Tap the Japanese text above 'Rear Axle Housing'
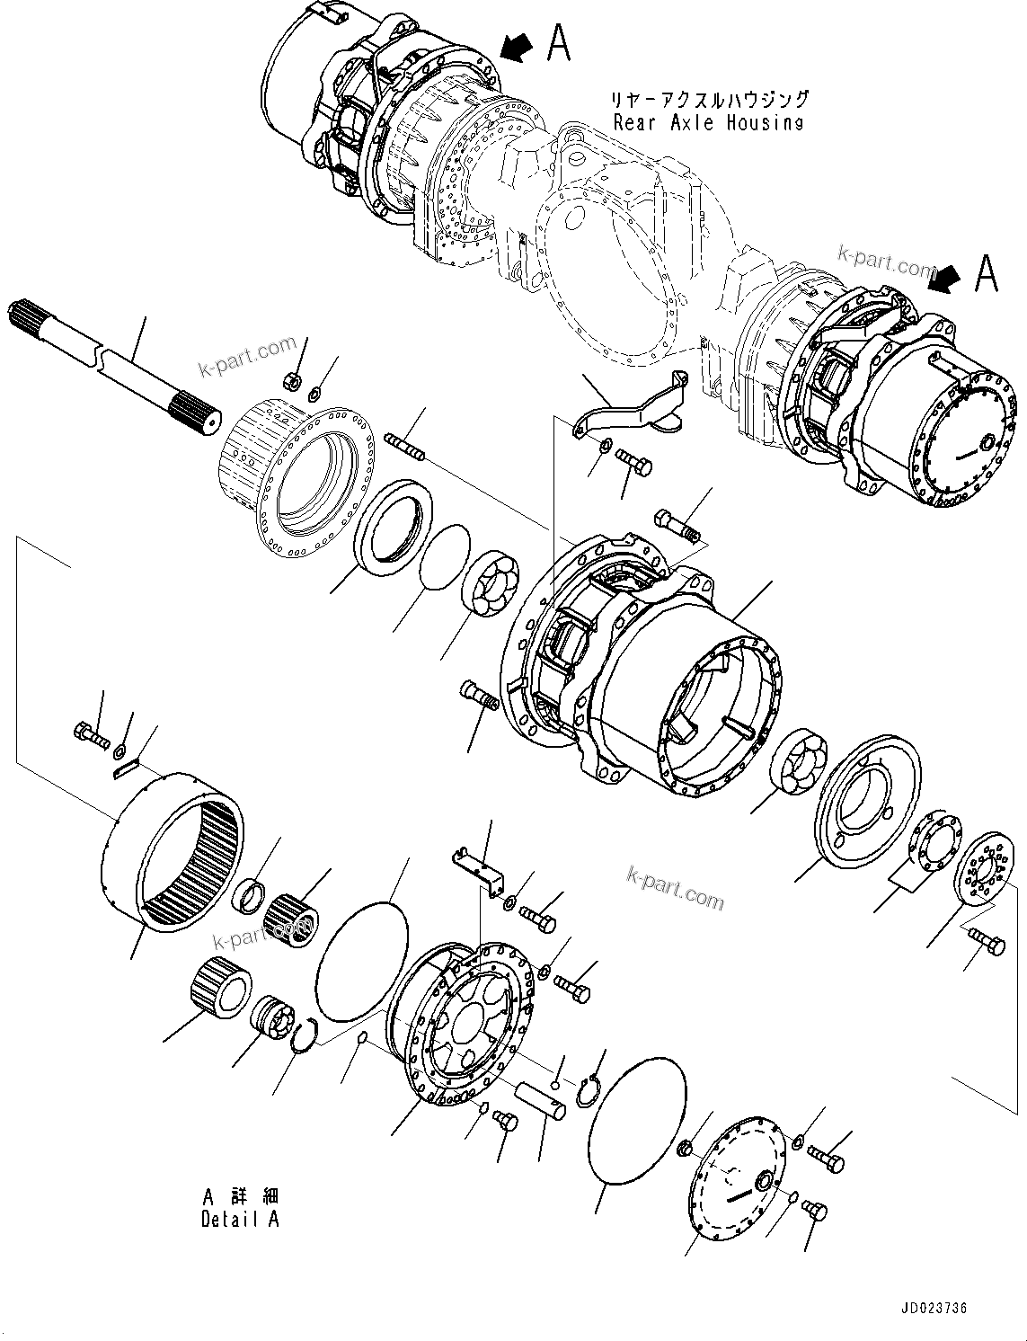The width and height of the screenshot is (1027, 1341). tap(709, 100)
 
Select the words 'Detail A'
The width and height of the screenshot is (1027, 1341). tap(240, 1219)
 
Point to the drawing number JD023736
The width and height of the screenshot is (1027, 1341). tap(931, 1310)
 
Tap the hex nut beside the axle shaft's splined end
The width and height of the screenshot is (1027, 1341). tap(291, 381)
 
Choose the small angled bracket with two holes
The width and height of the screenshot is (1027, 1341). tap(477, 869)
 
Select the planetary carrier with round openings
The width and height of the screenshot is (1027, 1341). tap(463, 1017)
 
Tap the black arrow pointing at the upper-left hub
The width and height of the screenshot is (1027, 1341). tap(518, 47)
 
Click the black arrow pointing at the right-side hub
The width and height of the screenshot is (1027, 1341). tap(948, 277)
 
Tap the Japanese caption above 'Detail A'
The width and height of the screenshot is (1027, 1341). tap(240, 1196)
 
